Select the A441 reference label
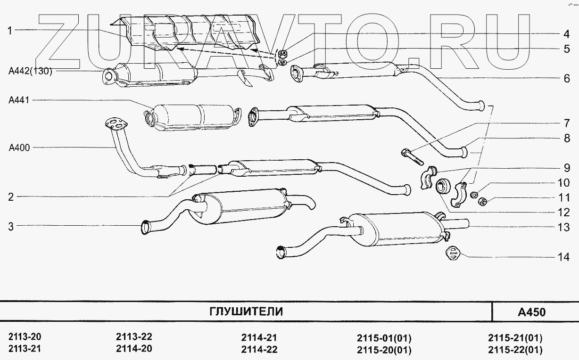(x=18, y=100)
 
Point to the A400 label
(x=19, y=148)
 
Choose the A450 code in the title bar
(x=531, y=312)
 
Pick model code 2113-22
(x=134, y=337)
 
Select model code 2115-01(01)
(x=384, y=338)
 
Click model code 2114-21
(x=259, y=337)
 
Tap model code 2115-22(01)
(x=515, y=350)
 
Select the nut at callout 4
(x=283, y=52)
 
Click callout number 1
(x=9, y=31)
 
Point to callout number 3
(x=10, y=227)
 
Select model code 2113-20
(x=25, y=337)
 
